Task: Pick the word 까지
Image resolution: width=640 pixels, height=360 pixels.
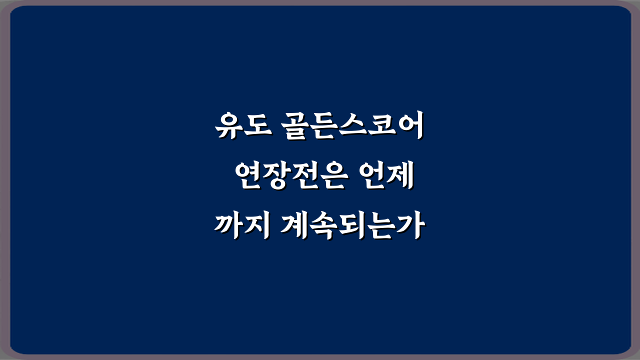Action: [x=243, y=228]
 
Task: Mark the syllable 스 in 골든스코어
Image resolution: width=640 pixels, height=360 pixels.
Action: [x=351, y=127]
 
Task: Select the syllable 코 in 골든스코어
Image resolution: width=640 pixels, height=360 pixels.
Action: [x=380, y=127]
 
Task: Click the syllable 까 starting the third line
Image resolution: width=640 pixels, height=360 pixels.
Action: [x=229, y=228]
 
